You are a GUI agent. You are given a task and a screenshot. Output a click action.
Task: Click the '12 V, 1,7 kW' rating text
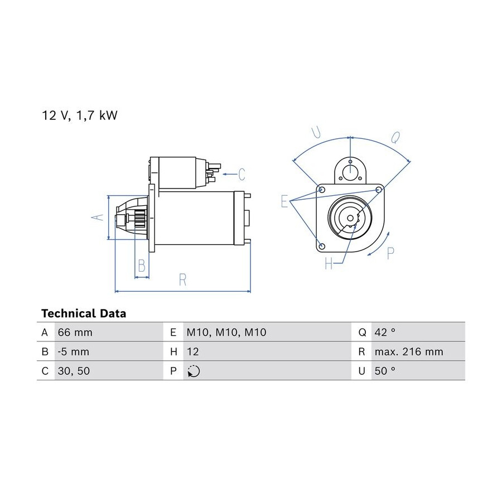pos(80,115)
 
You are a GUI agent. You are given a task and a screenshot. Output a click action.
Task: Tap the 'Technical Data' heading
pos(84,313)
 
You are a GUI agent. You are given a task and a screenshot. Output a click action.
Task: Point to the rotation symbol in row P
pos(194,371)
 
